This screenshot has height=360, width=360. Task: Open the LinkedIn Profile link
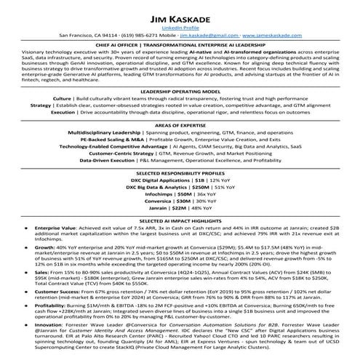click(x=180, y=25)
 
